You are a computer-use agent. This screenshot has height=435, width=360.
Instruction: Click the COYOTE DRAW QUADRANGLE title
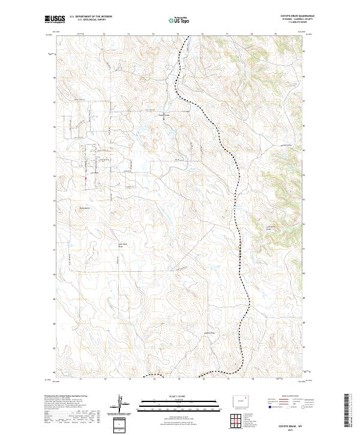click(300, 16)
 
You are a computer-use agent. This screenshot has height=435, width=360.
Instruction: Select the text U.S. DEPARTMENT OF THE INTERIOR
click(91, 16)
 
